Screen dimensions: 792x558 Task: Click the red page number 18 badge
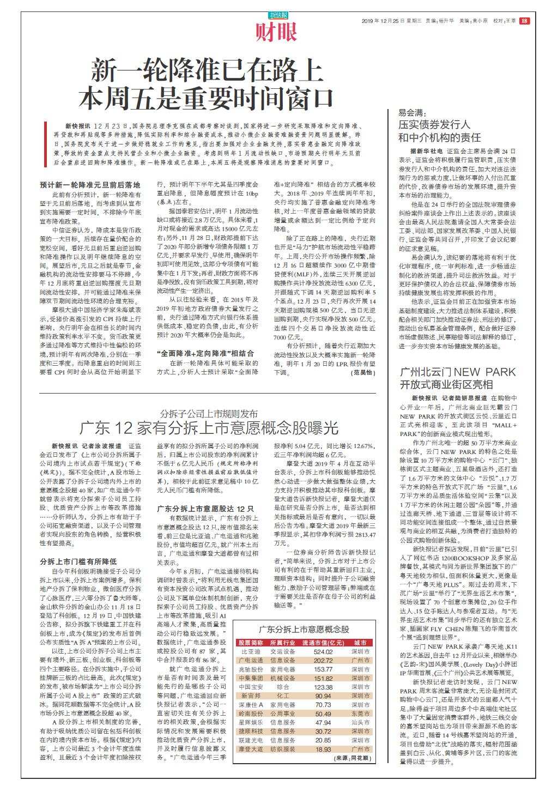point(524,21)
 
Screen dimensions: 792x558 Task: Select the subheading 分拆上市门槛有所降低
point(78,561)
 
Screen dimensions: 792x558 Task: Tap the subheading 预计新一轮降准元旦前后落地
point(90,185)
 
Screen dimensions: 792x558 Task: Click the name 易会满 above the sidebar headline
point(411,113)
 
